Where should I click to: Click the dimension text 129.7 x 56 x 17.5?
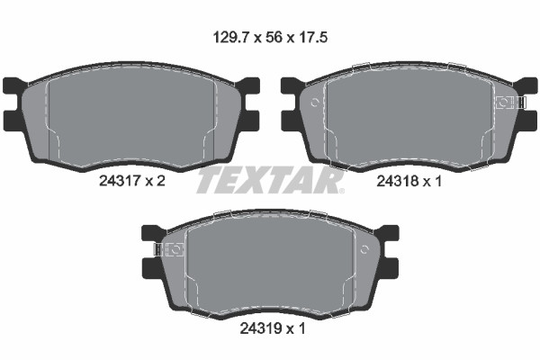click(x=270, y=37)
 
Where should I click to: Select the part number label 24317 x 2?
click(x=132, y=181)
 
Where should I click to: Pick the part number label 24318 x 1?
click(x=409, y=181)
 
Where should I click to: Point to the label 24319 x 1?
click(x=273, y=329)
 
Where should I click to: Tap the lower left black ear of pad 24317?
click(x=13, y=121)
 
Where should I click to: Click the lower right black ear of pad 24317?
click(x=248, y=121)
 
